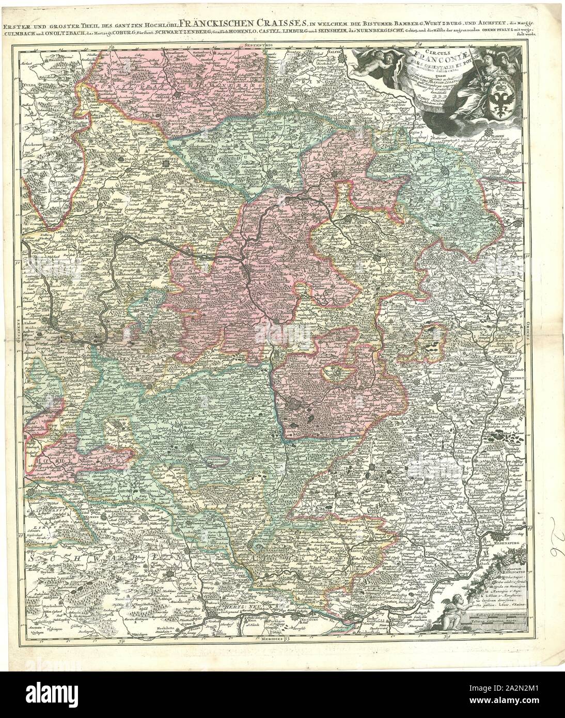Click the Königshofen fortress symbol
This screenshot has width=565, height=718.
click(x=165, y=163)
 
